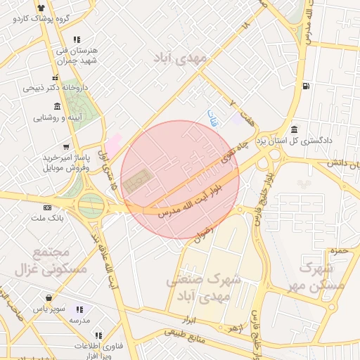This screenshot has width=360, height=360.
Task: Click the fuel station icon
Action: point(304,86)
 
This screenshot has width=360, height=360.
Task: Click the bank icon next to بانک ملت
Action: point(47,208)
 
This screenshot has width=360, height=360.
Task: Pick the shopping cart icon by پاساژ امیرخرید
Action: point(66,147)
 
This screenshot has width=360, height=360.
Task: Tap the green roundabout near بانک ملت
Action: point(91,206)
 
